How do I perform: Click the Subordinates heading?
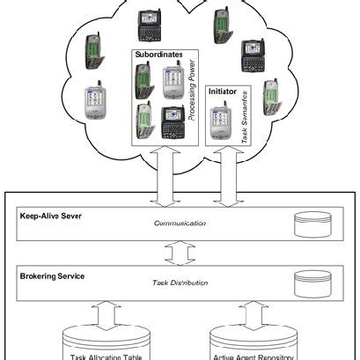pos(159,55)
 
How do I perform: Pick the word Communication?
pos(180,224)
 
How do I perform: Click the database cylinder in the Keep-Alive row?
pos(310,224)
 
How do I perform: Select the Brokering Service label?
pos(53,276)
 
